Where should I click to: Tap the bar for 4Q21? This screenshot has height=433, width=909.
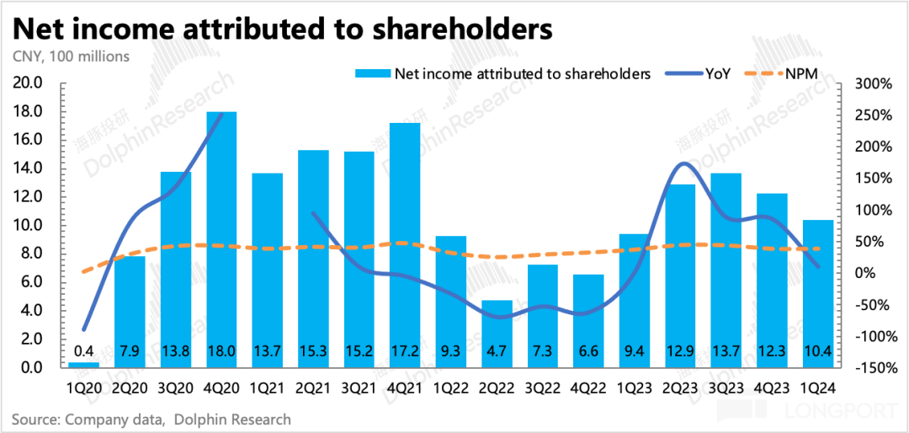[405, 244]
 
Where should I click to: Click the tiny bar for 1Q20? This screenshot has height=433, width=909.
[84, 364]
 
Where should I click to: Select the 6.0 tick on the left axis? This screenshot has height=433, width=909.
[31, 282]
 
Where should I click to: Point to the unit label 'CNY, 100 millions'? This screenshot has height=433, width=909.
[71, 56]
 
